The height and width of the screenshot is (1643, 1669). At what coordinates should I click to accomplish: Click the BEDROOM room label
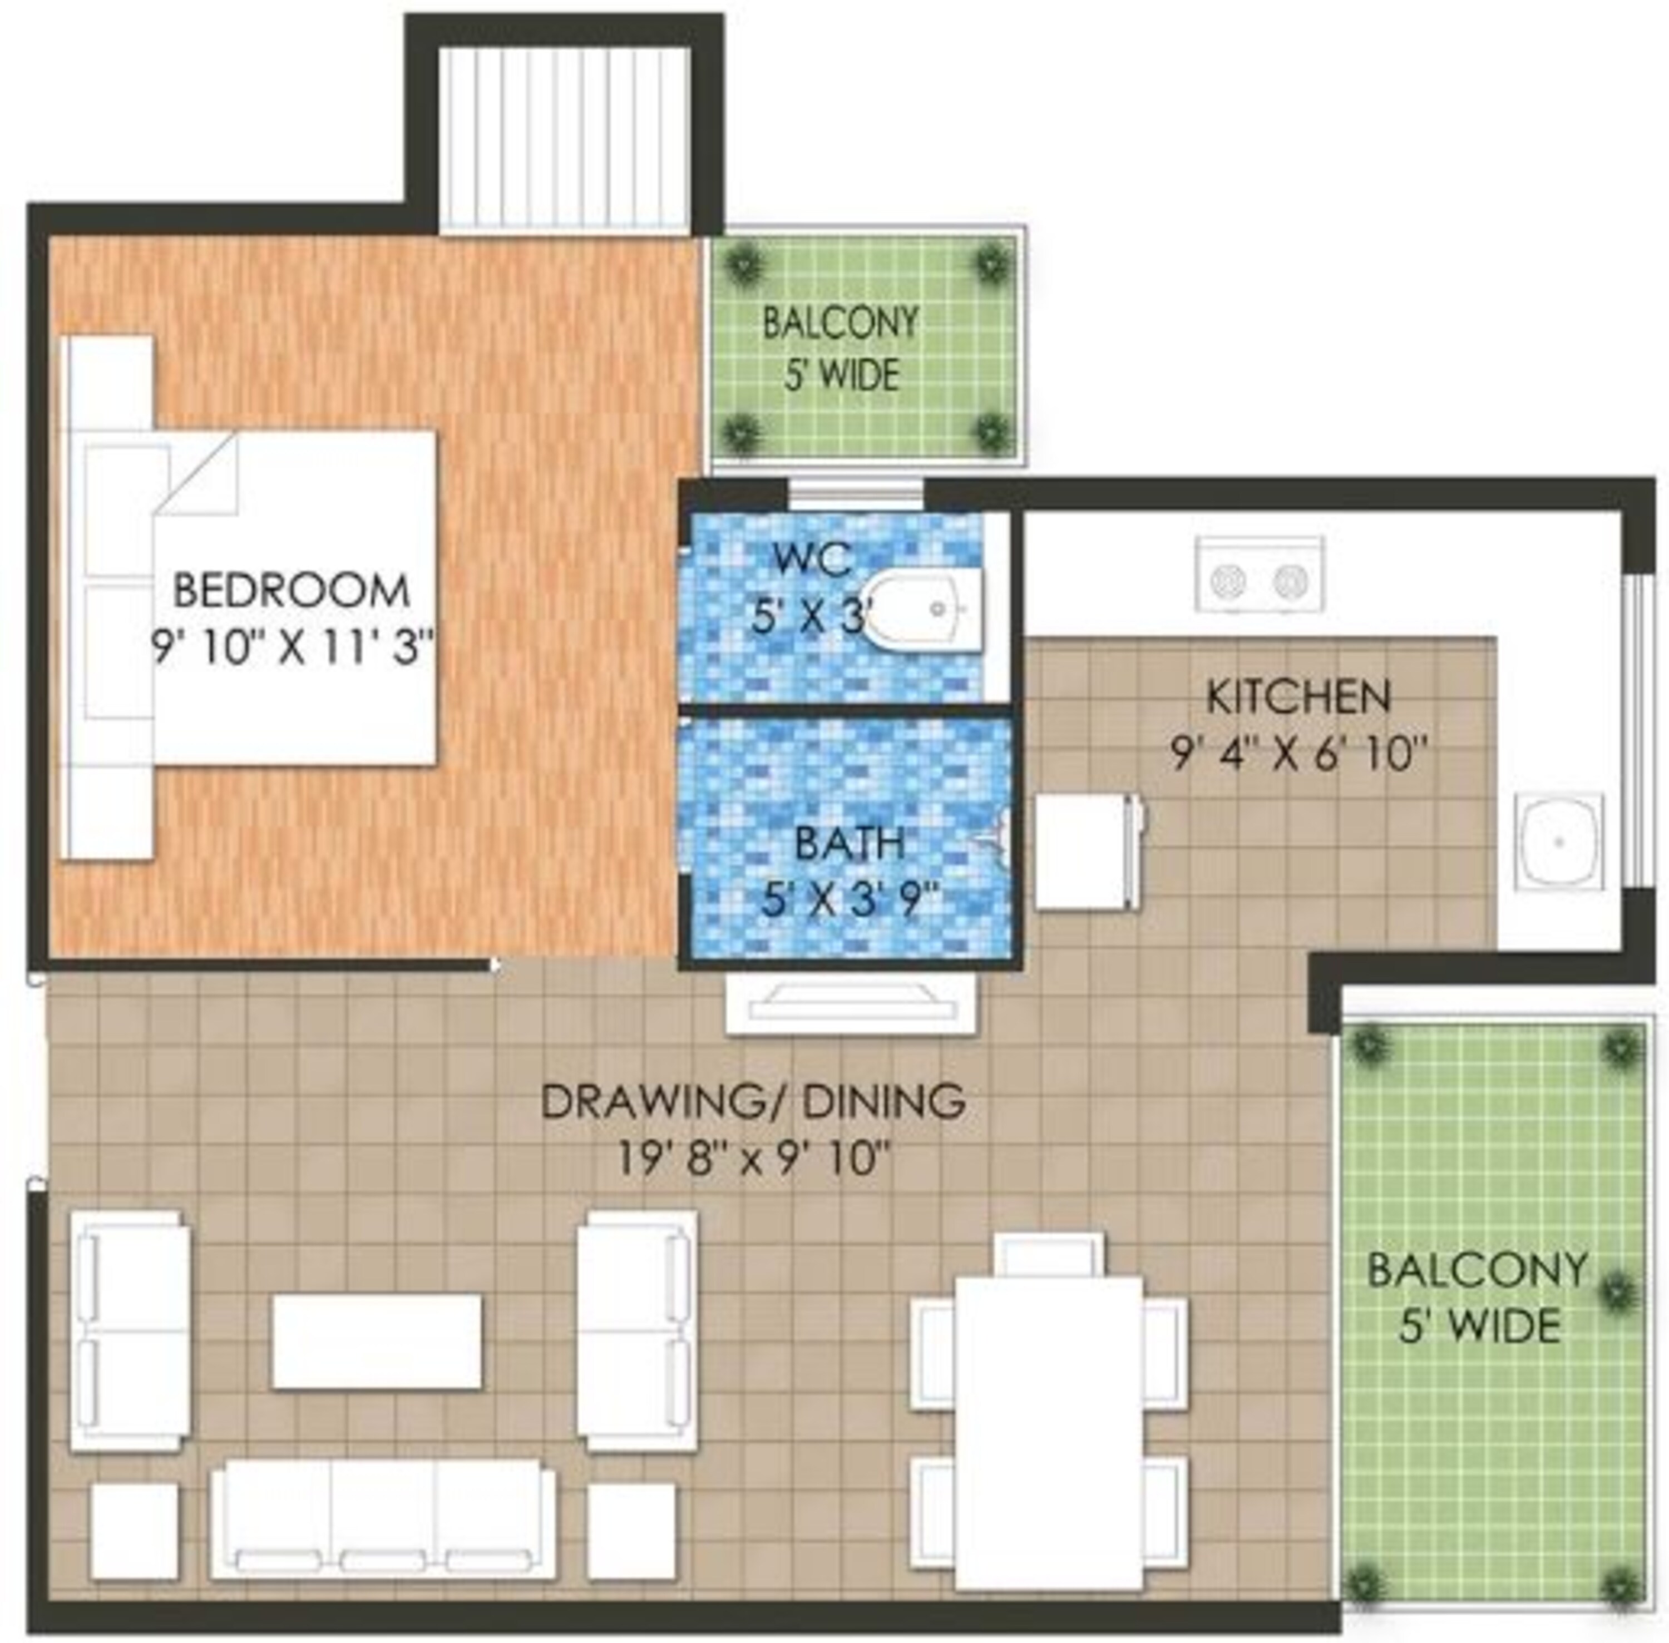[x=291, y=591]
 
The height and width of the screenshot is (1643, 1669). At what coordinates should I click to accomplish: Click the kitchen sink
[x=1558, y=842]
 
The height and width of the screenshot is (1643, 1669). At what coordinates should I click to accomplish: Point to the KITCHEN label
[x=1297, y=697]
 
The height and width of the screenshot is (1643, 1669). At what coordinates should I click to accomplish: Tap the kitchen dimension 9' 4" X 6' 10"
[x=1295, y=753]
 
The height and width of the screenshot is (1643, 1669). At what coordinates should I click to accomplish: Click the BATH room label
[x=849, y=843]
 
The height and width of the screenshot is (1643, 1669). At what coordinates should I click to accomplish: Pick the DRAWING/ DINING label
[x=753, y=1102]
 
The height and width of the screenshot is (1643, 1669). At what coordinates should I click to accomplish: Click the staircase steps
[x=564, y=138]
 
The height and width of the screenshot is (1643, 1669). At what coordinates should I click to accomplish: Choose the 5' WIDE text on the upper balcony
[x=841, y=375]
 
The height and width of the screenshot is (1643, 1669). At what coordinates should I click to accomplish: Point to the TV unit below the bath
[x=851, y=1003]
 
